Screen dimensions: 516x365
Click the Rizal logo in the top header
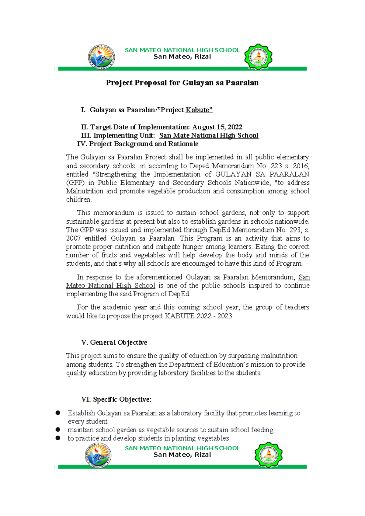point(102,57)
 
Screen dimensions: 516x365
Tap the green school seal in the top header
point(258,57)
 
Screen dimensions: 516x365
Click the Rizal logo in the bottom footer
point(98,455)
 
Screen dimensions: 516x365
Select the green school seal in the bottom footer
point(268,455)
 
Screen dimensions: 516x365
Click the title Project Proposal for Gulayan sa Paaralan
point(182,83)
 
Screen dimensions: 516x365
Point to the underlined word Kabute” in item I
point(199,110)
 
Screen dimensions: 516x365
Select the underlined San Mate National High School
point(209,136)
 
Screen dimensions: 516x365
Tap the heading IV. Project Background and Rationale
point(138,144)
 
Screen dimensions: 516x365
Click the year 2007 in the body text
point(73,239)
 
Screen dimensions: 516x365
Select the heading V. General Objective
point(114,343)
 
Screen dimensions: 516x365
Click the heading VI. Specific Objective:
point(116,399)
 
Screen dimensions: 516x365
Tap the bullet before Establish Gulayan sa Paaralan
point(58,413)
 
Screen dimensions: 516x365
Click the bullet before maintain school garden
point(58,430)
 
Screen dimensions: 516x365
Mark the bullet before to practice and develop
point(58,438)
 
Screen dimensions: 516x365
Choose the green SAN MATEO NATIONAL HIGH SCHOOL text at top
point(182,50)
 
